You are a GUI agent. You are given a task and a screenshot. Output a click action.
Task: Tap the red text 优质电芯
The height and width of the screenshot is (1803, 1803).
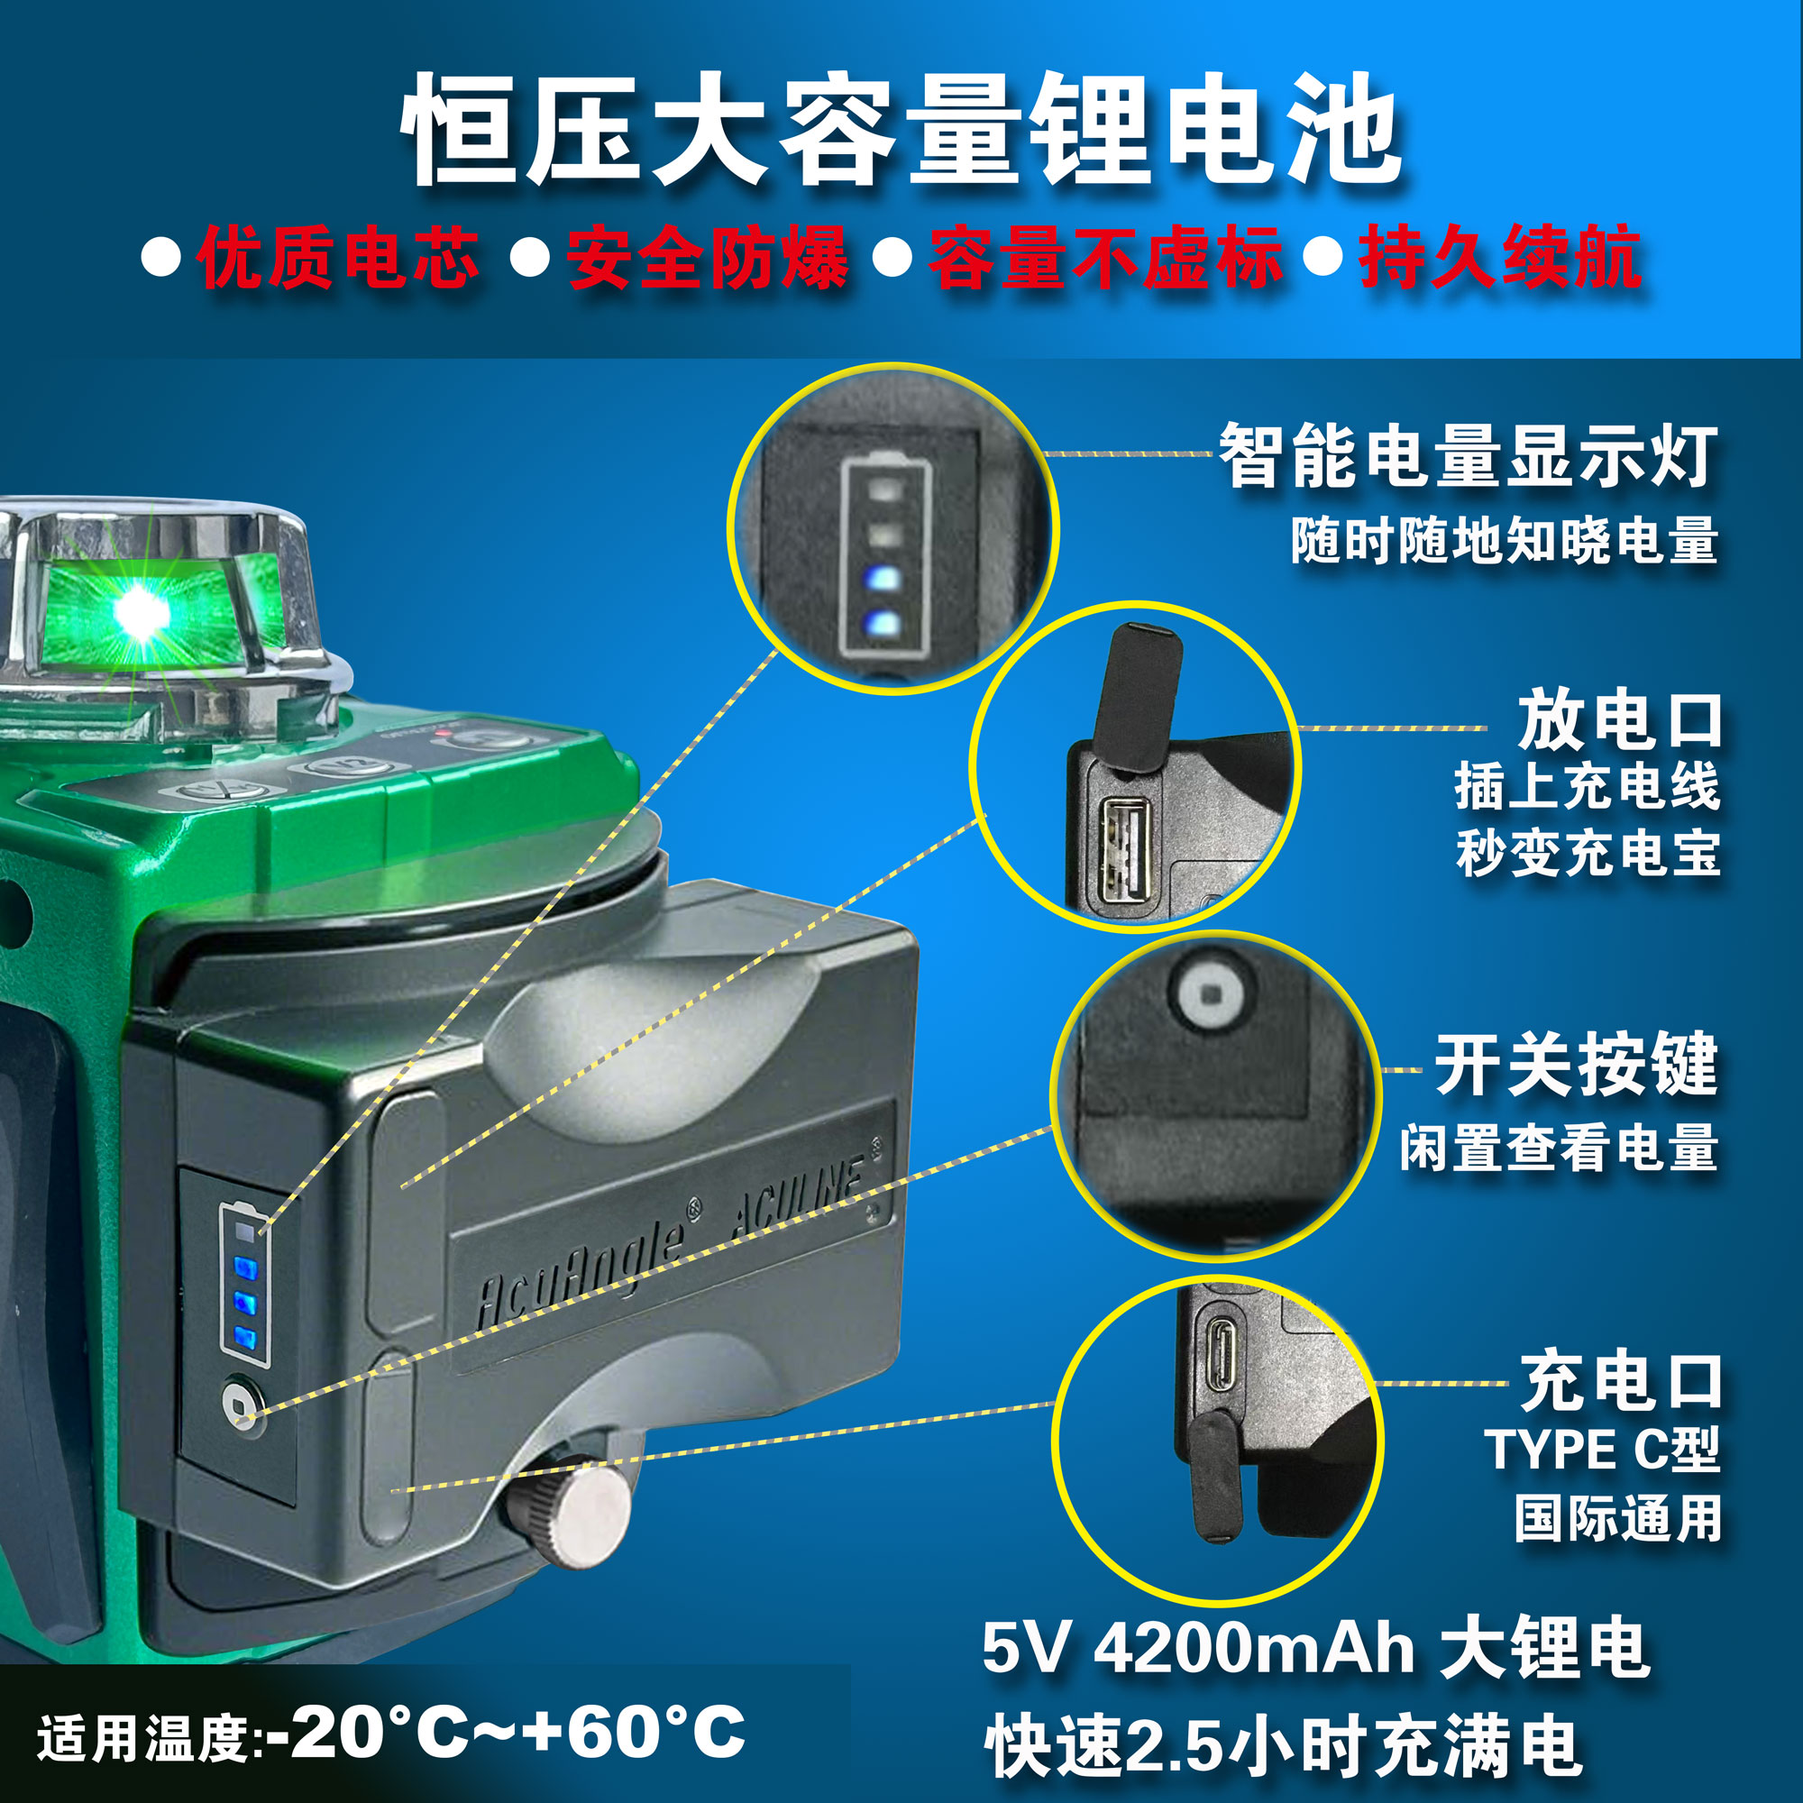pyautogui.click(x=338, y=257)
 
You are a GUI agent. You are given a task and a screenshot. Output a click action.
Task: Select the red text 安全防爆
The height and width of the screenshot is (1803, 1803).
pyautogui.click(x=708, y=257)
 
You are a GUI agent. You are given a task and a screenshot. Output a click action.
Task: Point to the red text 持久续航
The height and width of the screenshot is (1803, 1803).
pyautogui.click(x=1500, y=257)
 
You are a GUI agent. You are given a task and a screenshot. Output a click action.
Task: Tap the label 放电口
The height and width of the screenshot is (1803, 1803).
pyautogui.click(x=1620, y=720)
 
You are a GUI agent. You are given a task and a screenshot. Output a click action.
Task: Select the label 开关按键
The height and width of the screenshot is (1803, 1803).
pyautogui.click(x=1576, y=1065)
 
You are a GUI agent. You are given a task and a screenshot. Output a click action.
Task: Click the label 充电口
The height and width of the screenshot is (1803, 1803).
pyautogui.click(x=1621, y=1381)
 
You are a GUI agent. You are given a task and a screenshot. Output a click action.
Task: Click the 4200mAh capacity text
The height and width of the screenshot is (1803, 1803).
pyautogui.click(x=1254, y=1648)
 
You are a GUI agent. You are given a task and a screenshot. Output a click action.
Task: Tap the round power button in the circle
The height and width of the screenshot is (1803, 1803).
pyautogui.click(x=1211, y=996)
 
